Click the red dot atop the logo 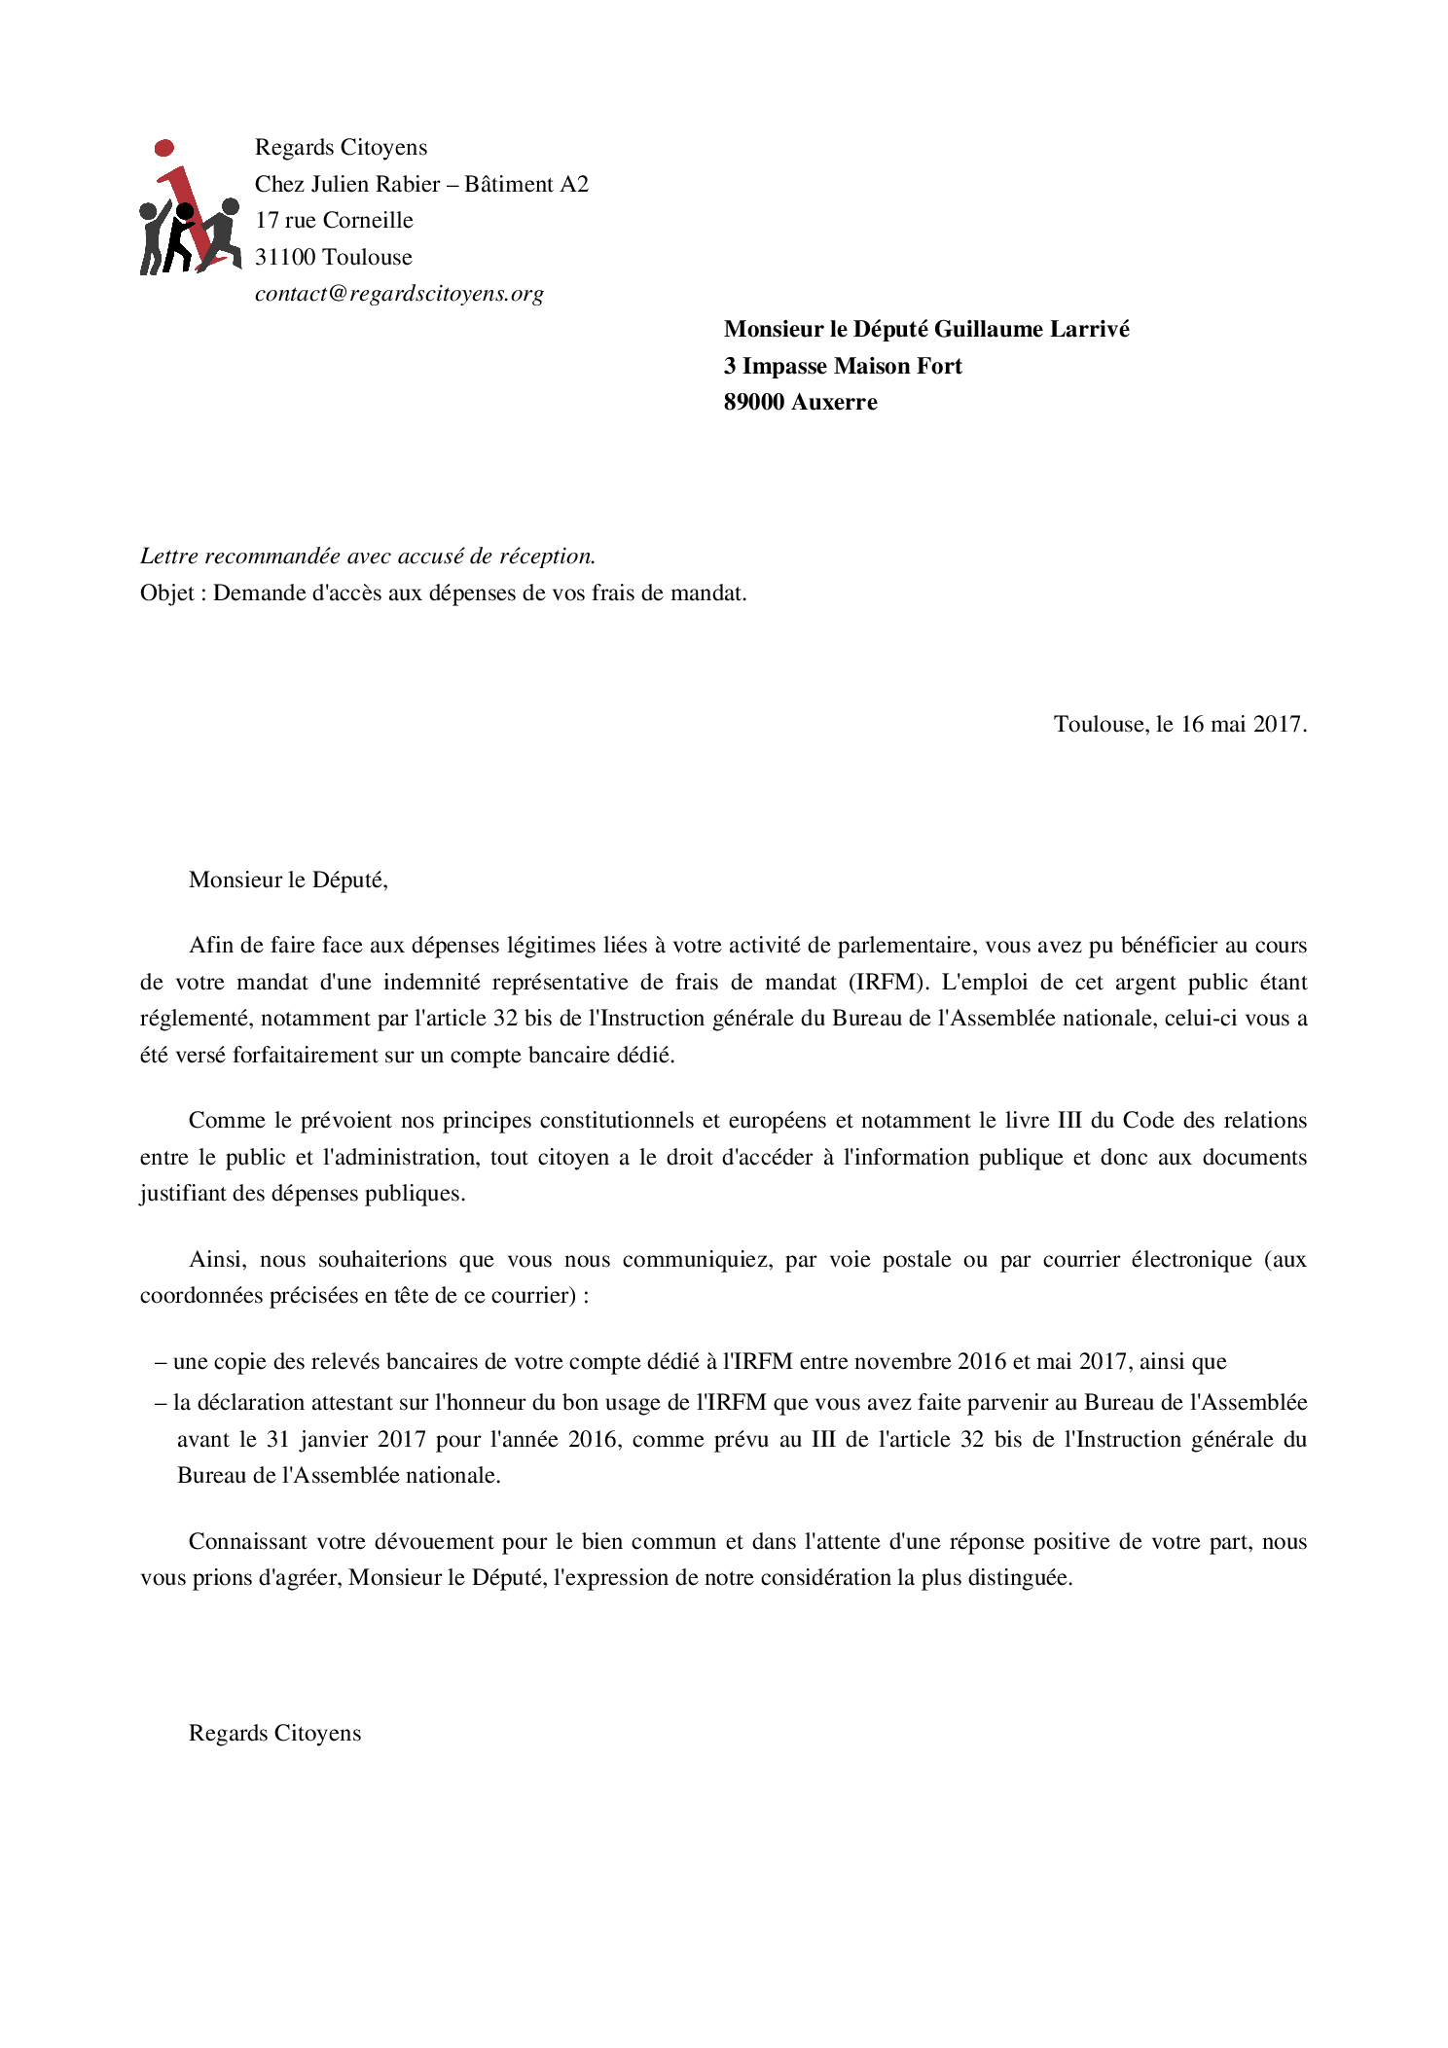pyautogui.click(x=164, y=148)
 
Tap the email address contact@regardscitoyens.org pyautogui.click(x=399, y=294)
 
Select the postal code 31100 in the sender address pyautogui.click(x=285, y=258)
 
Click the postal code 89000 pyautogui.click(x=753, y=403)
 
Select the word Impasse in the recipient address pyautogui.click(x=784, y=367)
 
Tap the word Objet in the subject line pyautogui.click(x=166, y=593)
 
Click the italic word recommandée pyautogui.click(x=266, y=557)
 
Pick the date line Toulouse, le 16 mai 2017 pyautogui.click(x=1179, y=725)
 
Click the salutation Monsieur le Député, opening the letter pyautogui.click(x=288, y=880)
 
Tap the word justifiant pyautogui.click(x=183, y=1194)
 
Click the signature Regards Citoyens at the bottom pyautogui.click(x=274, y=1734)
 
